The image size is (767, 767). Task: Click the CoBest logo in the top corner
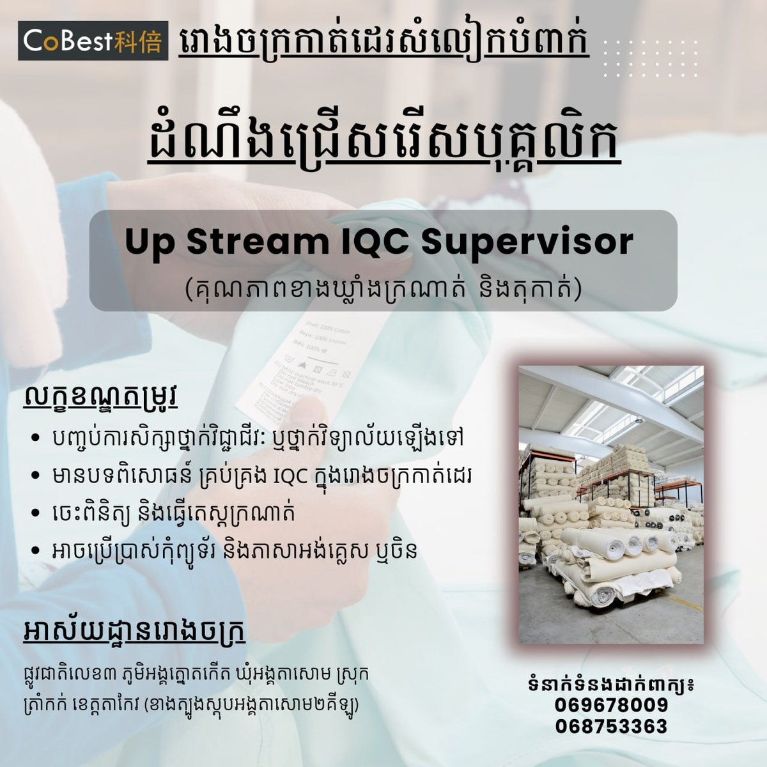coord(93,40)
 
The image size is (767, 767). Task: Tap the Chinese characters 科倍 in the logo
coord(137,41)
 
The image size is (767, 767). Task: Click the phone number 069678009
coord(612,705)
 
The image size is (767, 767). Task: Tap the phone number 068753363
coord(612,726)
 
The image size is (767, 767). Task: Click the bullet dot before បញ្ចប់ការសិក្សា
coord(35,438)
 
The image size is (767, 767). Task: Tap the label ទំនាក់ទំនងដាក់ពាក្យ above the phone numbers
coord(612,685)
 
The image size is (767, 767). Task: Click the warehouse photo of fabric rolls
coord(611,504)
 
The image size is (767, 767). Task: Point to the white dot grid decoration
coord(651,59)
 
